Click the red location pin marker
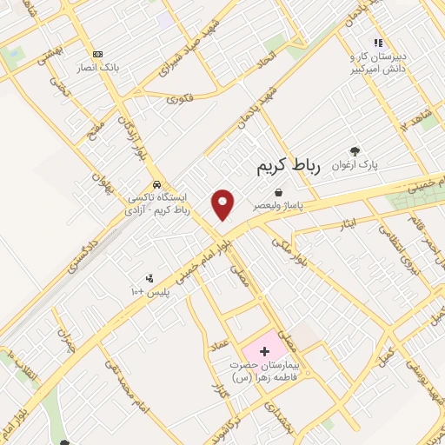coord(223,204)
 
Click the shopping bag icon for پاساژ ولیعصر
coord(277,192)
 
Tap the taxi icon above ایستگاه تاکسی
coord(156,184)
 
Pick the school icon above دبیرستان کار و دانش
coord(377,42)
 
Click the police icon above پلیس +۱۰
coord(149,278)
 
